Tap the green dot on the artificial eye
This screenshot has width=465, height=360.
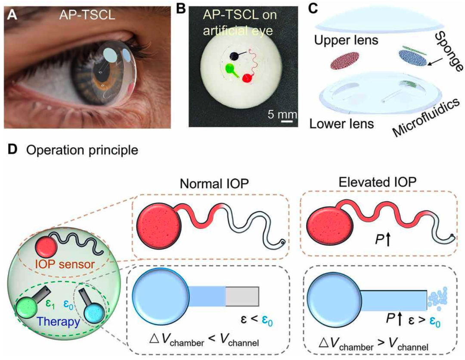229,68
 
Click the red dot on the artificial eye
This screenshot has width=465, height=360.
247,78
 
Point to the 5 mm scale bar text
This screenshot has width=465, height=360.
282,115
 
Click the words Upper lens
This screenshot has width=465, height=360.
346,40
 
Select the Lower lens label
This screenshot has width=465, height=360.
341,123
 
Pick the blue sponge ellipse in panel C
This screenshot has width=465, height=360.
413,58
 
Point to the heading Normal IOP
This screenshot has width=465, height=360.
214,183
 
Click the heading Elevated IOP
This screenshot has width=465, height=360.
377,182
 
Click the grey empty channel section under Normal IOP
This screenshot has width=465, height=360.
242,296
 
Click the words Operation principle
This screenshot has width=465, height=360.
82,150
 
